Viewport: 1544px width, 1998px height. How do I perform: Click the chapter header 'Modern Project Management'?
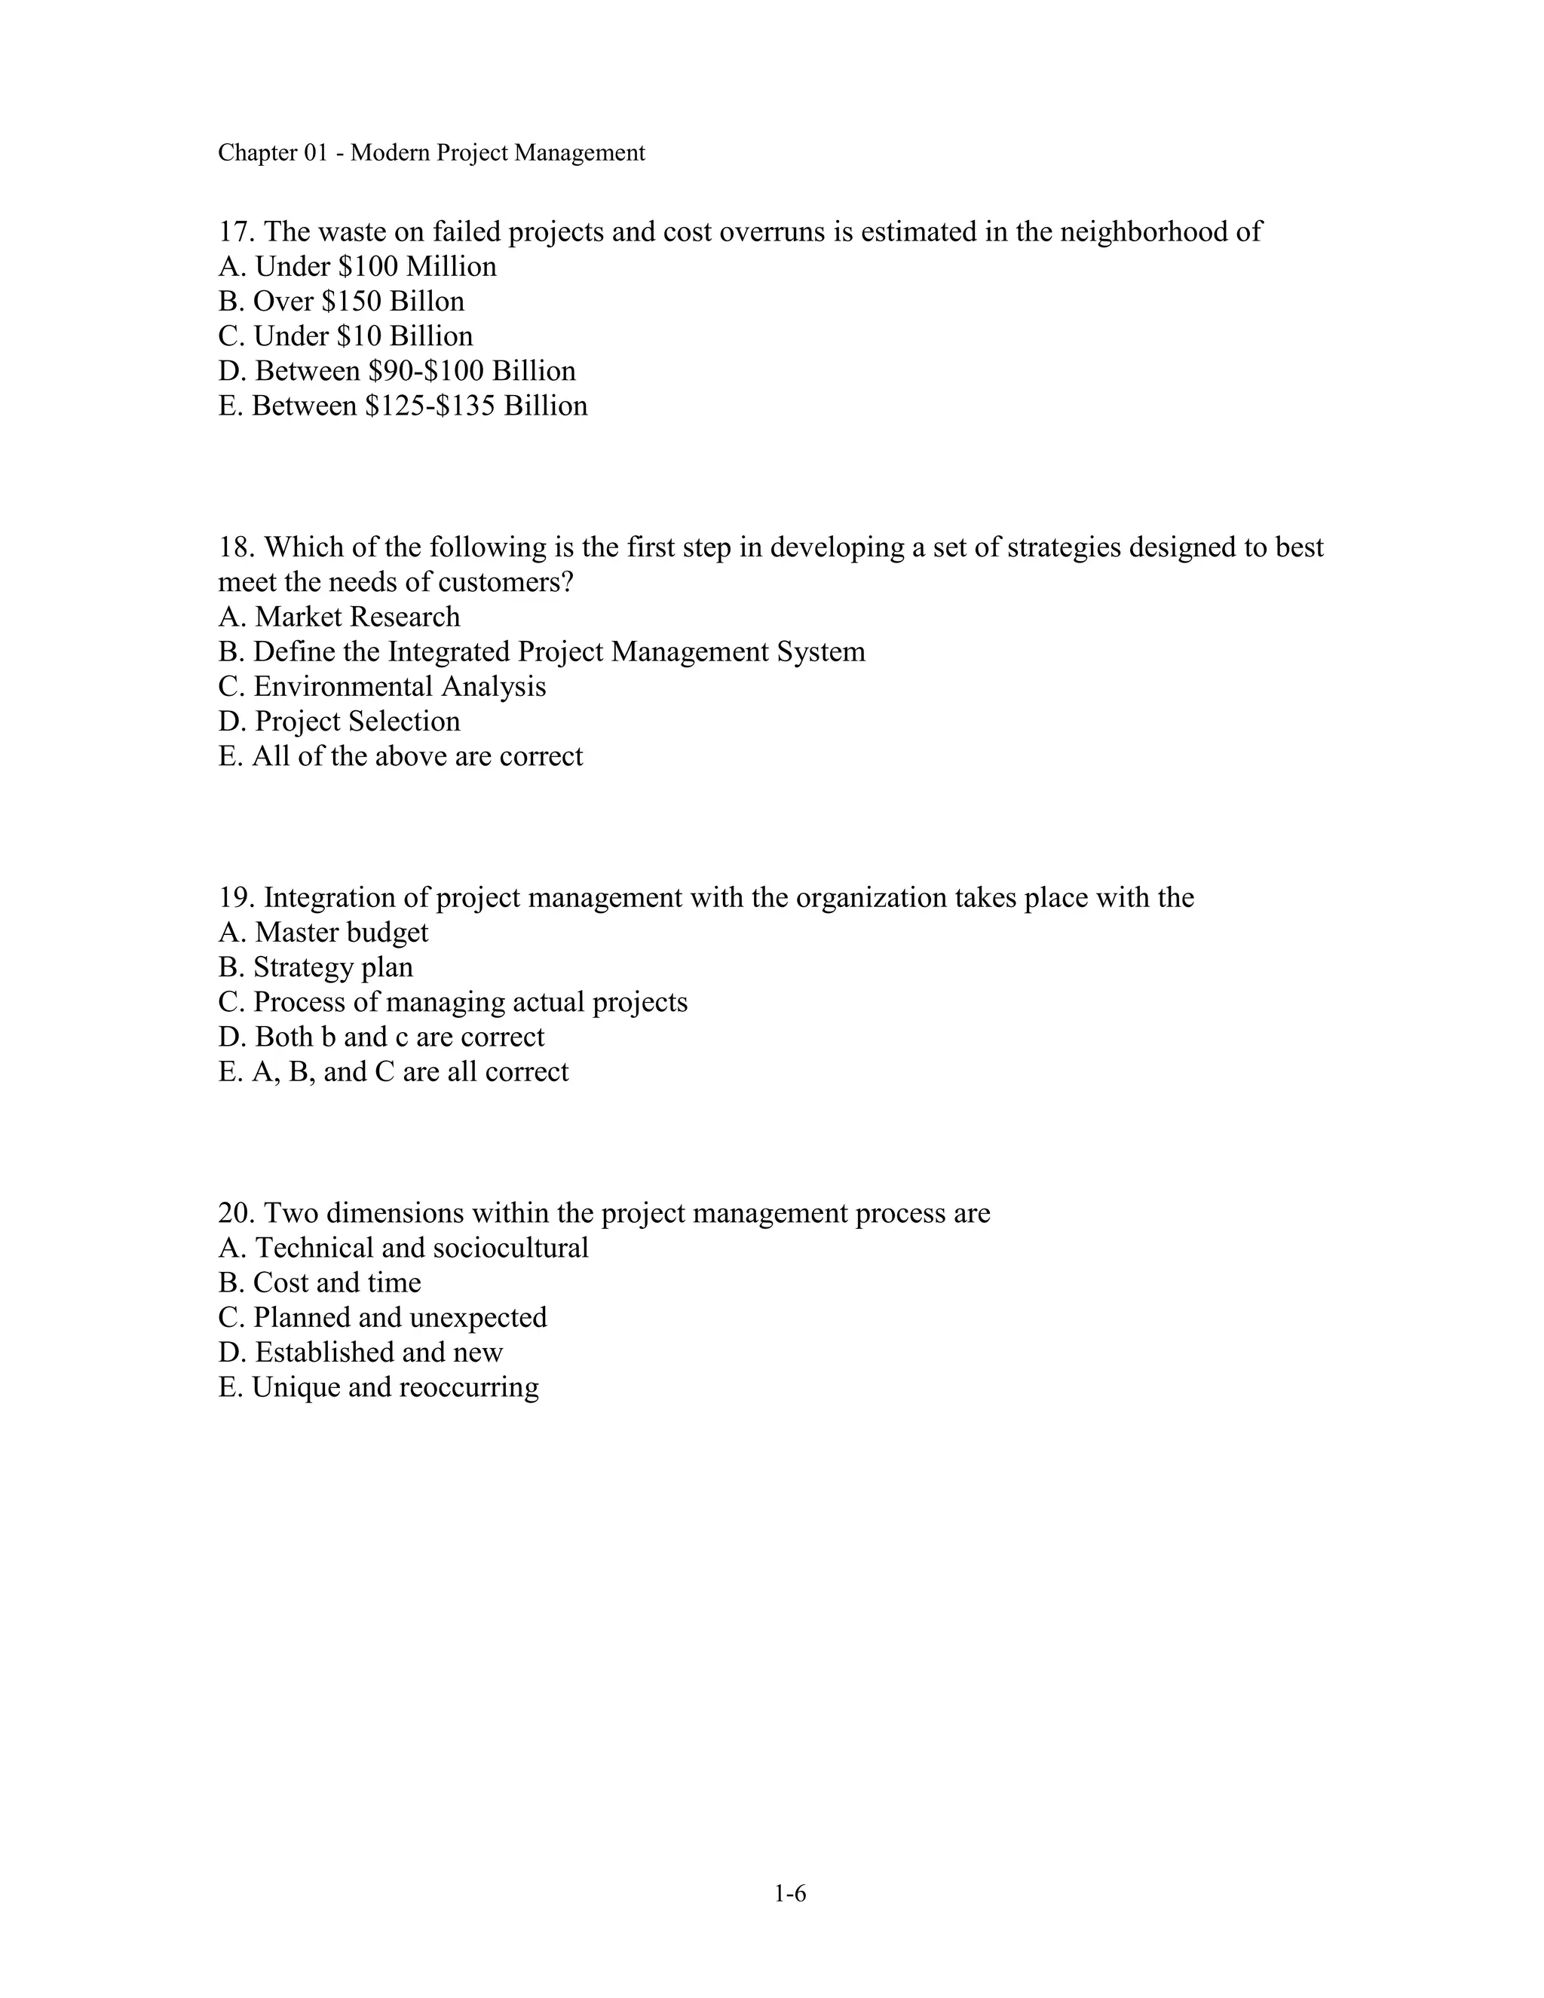coord(498,153)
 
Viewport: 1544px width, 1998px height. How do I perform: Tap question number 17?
coord(236,232)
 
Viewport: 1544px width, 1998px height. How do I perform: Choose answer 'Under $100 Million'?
coord(375,267)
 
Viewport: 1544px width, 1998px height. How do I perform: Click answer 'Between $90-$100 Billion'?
coord(415,372)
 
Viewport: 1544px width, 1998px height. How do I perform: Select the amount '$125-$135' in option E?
coord(430,406)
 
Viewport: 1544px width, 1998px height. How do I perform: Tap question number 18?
coord(236,548)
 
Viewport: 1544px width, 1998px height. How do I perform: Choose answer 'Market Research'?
coord(357,617)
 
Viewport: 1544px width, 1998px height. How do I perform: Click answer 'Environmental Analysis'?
coord(399,687)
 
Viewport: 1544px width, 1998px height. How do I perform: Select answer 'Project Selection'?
coord(357,722)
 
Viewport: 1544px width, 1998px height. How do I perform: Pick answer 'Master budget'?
coord(342,933)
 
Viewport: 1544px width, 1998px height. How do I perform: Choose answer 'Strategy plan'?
coord(333,968)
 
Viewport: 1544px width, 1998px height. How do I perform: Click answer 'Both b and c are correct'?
coord(399,1037)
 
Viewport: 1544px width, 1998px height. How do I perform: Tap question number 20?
coord(236,1214)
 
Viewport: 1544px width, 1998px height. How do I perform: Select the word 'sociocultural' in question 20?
coord(510,1249)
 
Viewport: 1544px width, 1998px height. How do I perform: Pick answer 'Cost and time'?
coord(336,1283)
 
